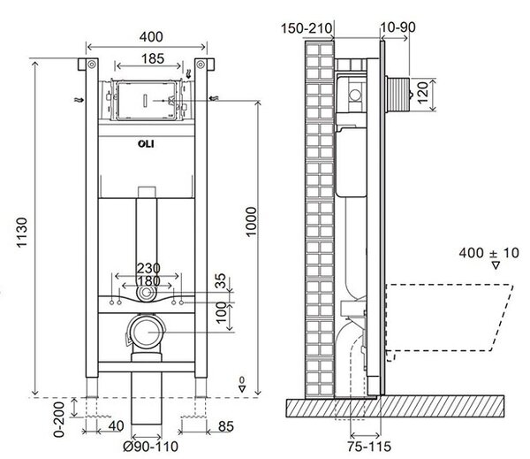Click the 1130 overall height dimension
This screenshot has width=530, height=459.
tap(21, 233)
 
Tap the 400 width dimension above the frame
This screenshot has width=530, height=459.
tap(151, 36)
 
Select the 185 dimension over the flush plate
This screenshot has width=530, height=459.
tap(153, 58)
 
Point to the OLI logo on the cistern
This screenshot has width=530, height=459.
tap(146, 144)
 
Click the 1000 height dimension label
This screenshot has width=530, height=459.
tap(252, 222)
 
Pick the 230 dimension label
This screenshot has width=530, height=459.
tap(148, 269)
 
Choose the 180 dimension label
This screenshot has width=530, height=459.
tap(148, 280)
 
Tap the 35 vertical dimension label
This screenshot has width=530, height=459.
tap(220, 281)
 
